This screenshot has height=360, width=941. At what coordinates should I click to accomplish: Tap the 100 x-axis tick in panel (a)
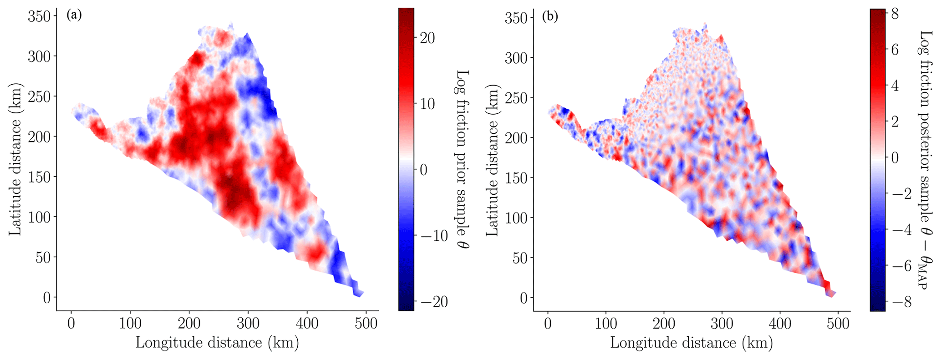point(130,324)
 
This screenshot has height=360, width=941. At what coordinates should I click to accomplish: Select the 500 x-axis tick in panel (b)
point(838,324)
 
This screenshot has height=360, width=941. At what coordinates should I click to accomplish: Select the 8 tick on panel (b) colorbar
point(895,15)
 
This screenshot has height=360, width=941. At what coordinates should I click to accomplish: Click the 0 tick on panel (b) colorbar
point(895,158)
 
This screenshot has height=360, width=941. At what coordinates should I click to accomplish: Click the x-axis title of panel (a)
point(217,343)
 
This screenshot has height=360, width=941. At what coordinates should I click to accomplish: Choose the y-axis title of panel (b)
point(492,159)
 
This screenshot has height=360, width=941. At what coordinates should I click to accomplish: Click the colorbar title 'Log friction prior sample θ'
point(462,159)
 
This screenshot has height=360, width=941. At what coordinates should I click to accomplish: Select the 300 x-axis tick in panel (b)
point(722,324)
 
